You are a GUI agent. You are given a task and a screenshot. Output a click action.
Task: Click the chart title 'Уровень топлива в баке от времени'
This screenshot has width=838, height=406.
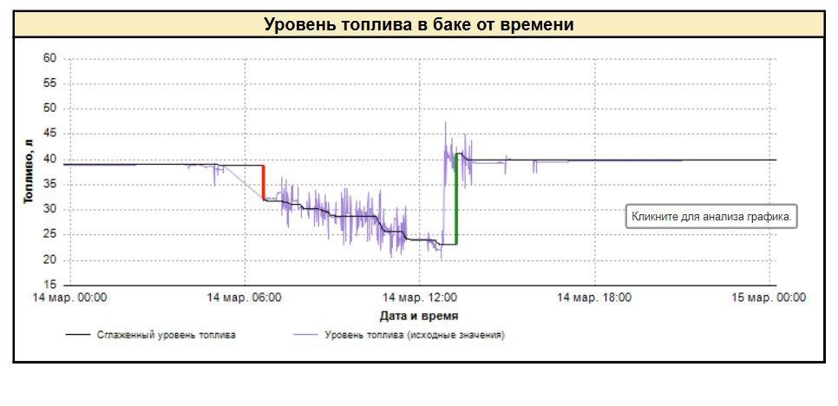click(418, 24)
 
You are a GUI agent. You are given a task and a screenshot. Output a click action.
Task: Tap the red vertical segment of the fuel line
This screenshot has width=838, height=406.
click(264, 183)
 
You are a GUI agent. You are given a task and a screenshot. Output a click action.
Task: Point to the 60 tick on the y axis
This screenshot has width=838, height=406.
click(49, 58)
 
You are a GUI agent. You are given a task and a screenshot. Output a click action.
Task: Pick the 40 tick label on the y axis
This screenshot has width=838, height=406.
click(49, 159)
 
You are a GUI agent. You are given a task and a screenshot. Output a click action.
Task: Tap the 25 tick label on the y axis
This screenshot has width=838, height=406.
click(49, 234)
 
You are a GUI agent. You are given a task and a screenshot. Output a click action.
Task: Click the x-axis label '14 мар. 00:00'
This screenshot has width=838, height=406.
click(70, 298)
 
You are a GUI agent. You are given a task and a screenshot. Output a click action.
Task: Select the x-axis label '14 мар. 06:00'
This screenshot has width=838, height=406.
click(244, 298)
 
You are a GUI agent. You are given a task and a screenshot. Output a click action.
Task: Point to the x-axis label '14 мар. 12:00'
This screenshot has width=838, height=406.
click(420, 298)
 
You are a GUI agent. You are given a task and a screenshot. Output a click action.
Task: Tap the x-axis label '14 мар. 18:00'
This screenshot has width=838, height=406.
click(594, 298)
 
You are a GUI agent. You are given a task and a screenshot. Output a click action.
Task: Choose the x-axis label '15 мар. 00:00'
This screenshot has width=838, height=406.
click(769, 298)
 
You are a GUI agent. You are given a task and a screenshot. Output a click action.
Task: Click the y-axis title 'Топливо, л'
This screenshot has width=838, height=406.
click(29, 171)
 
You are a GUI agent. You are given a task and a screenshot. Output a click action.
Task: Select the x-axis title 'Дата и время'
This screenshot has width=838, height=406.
click(419, 316)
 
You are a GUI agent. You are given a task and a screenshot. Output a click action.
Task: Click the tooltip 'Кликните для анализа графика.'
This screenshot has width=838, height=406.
click(711, 218)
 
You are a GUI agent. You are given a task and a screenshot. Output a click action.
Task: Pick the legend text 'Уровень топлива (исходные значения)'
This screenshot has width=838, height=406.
click(415, 334)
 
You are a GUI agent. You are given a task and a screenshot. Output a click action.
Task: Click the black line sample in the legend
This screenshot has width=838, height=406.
click(80, 334)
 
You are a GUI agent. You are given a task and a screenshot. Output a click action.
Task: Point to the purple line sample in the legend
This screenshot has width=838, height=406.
click(306, 334)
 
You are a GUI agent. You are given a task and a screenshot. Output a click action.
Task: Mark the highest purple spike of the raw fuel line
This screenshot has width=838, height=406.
click(446, 122)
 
